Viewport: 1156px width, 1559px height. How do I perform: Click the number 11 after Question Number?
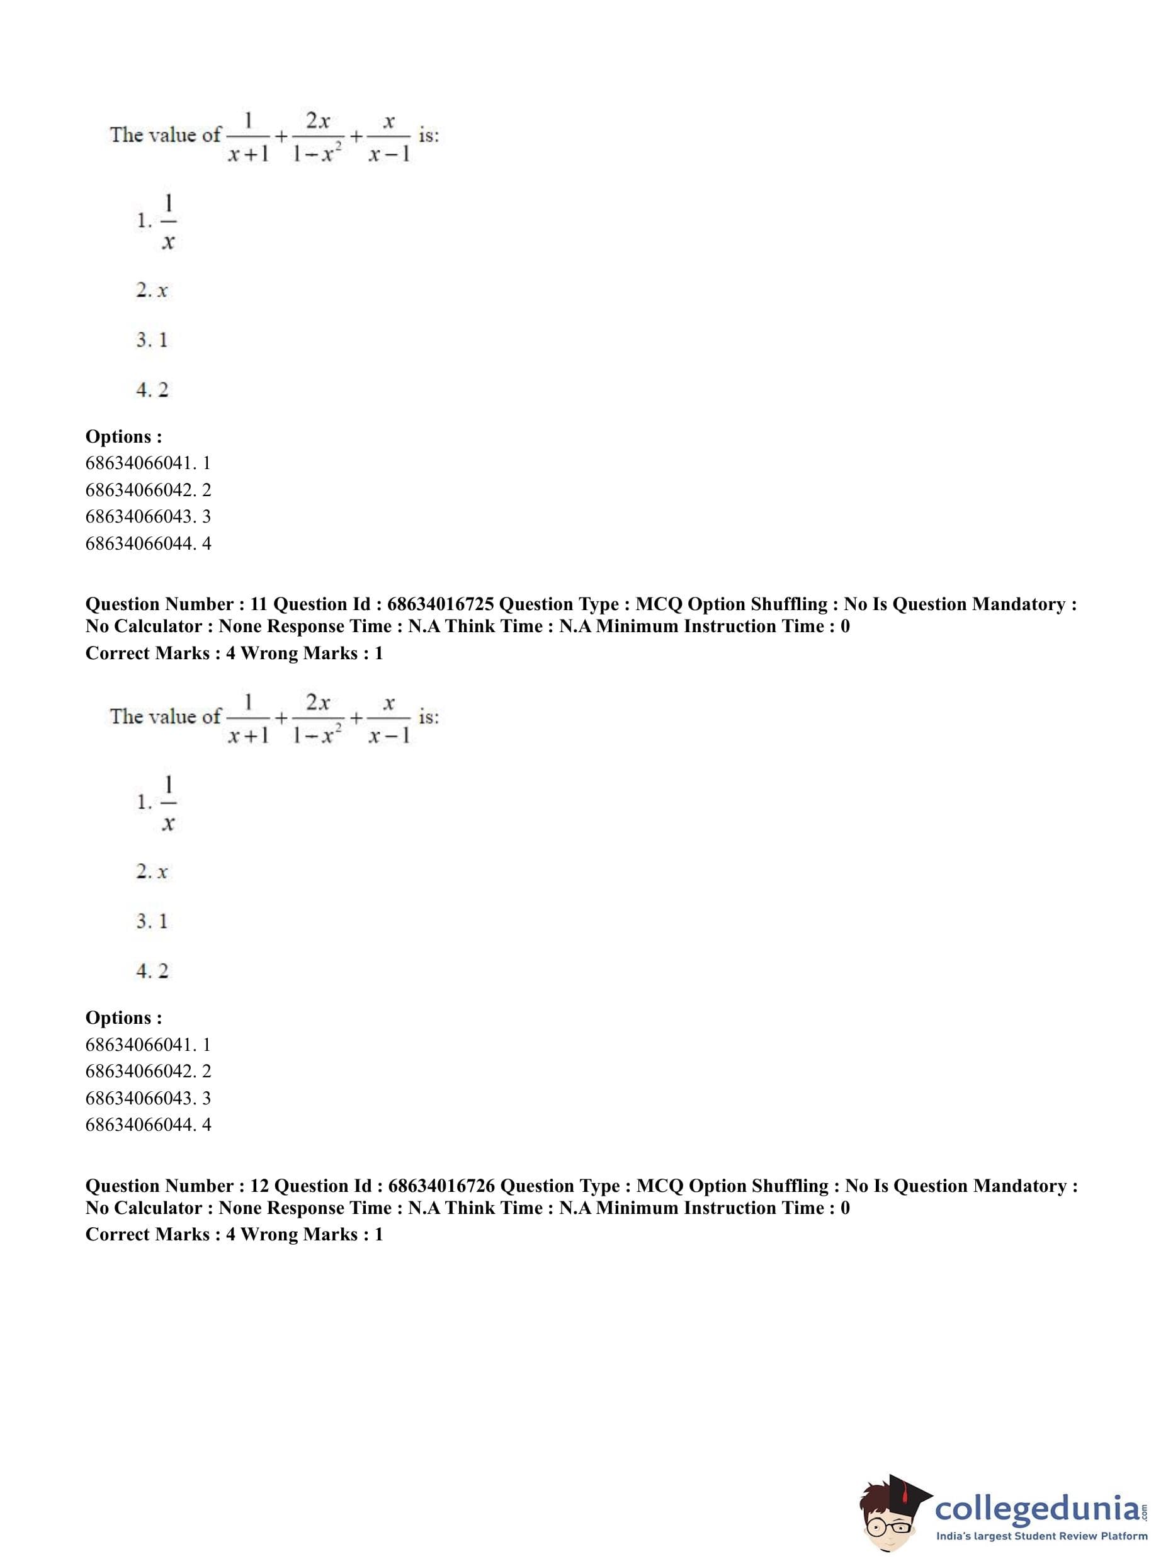258,604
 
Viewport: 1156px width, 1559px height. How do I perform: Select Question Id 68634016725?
440,604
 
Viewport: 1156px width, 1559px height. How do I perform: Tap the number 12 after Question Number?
259,1186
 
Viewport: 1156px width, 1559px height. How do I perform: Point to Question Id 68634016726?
441,1186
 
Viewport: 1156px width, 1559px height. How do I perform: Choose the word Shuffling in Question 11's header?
792,604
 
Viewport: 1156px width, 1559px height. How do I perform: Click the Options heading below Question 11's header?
123,1018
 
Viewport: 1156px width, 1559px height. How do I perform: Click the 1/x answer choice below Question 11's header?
167,802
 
